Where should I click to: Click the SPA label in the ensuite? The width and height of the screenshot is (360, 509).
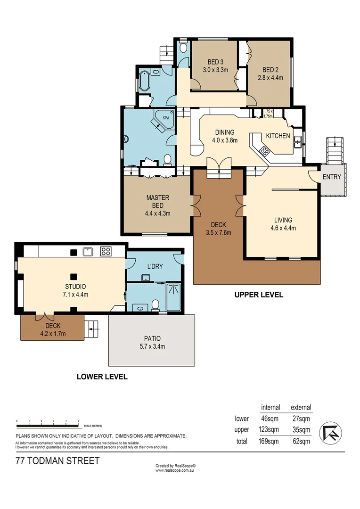tap(166, 117)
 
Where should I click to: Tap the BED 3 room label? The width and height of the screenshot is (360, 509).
tap(215, 62)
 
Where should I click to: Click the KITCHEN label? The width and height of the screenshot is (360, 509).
tap(278, 136)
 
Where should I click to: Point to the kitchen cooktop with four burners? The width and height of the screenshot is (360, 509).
tap(264, 151)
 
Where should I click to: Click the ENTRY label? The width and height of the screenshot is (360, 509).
tap(332, 177)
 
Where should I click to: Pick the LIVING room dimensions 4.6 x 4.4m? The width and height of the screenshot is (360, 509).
tap(283, 228)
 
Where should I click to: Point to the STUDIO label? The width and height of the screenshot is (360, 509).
tap(75, 286)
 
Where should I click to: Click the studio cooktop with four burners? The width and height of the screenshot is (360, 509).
tap(106, 251)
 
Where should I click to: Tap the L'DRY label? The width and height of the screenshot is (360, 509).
tap(155, 266)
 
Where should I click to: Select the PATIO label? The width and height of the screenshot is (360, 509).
tap(152, 338)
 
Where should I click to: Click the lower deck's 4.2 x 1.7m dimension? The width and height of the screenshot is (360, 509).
tap(52, 334)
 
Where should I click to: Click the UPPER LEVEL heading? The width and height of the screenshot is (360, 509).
tap(259, 295)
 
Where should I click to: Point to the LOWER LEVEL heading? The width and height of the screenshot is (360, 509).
tap(102, 377)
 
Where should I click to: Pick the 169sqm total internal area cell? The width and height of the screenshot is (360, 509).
tap(270, 442)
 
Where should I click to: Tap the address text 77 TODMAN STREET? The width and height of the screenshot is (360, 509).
tap(57, 461)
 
